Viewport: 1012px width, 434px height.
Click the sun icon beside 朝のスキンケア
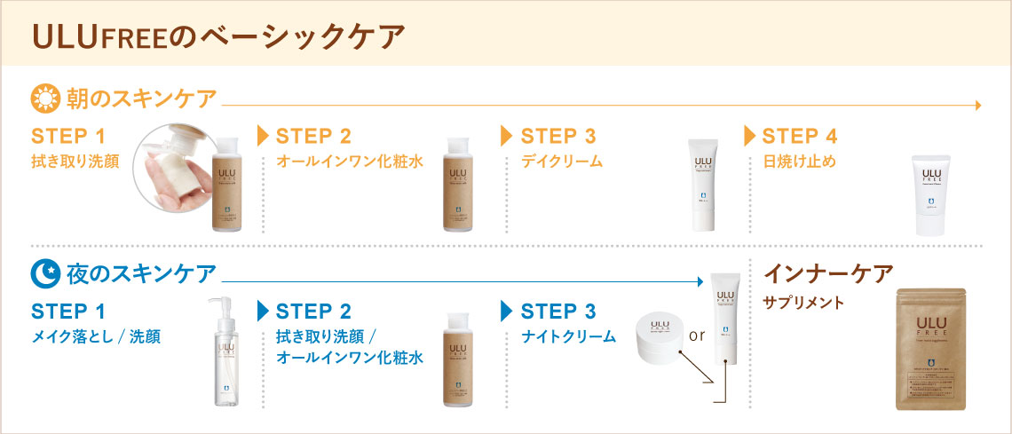tap(44, 97)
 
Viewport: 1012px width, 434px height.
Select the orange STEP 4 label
tap(800, 137)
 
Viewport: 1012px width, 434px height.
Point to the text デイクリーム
tap(562, 162)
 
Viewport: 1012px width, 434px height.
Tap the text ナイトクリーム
tap(568, 336)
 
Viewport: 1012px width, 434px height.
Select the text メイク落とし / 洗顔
tap(97, 336)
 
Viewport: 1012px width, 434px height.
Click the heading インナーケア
tap(827, 273)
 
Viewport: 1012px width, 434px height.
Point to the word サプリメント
tap(805, 303)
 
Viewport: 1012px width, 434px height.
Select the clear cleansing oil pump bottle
tap(222, 351)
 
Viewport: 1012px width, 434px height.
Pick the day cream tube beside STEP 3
tap(703, 185)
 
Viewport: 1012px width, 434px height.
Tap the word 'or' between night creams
tap(696, 336)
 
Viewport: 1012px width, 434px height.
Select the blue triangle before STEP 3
tap(507, 312)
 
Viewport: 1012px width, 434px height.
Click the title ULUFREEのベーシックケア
tap(218, 36)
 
